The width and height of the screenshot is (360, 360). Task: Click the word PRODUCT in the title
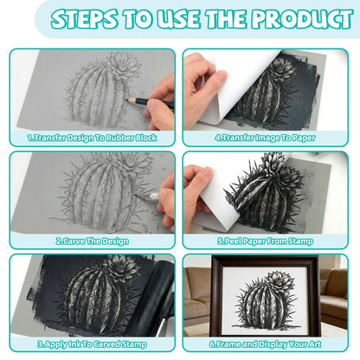tap(302, 19)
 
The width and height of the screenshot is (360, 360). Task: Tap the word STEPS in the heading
tap(84, 19)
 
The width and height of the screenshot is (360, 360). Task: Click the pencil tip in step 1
tap(127, 100)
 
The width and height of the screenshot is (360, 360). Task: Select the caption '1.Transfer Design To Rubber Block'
tap(92, 138)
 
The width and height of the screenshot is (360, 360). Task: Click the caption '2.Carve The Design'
tap(92, 241)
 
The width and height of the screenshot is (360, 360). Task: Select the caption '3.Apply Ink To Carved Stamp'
tap(92, 344)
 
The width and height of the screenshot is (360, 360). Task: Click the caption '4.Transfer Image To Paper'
tap(265, 138)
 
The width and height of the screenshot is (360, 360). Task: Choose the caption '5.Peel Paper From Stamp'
tap(265, 241)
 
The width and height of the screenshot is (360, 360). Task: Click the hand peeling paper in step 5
tap(198, 192)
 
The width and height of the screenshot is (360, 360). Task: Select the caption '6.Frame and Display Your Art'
tap(265, 344)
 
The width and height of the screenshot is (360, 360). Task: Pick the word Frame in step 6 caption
tap(228, 344)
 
